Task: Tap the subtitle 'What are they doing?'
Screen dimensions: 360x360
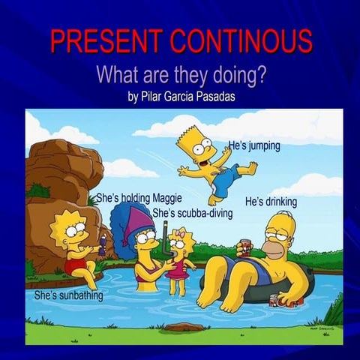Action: tap(183, 75)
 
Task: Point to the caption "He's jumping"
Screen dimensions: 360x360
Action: tap(254, 145)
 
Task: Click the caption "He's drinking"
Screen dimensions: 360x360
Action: tap(271, 202)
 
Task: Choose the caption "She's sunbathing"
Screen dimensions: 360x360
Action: tap(68, 295)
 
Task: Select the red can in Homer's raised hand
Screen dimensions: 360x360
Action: tap(244, 248)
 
